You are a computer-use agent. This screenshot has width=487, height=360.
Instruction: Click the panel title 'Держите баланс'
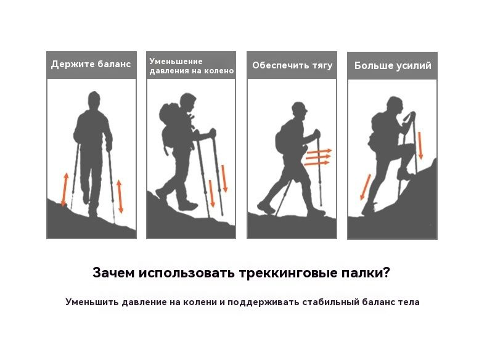click(x=91, y=64)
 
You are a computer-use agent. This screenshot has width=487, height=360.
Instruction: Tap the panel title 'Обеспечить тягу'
click(x=292, y=65)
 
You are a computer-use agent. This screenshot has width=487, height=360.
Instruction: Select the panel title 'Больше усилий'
click(x=393, y=65)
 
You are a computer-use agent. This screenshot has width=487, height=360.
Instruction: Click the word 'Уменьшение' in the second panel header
click(x=176, y=61)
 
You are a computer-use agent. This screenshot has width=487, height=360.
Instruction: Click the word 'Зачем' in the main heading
click(x=113, y=273)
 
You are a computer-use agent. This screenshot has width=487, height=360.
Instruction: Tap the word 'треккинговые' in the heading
click(x=288, y=273)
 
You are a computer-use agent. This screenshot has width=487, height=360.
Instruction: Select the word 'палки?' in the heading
click(x=366, y=273)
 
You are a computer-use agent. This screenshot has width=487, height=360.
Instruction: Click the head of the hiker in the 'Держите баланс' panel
click(x=94, y=100)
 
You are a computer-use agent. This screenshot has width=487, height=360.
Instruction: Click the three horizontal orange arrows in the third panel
click(x=318, y=157)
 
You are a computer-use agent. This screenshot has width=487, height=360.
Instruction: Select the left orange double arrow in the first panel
click(x=65, y=189)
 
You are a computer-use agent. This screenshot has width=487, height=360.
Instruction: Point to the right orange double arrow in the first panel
click(x=120, y=196)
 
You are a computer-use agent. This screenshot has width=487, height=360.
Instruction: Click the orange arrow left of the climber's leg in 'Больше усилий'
click(x=365, y=187)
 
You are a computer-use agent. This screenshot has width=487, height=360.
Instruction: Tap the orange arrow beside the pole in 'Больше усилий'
click(x=420, y=145)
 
